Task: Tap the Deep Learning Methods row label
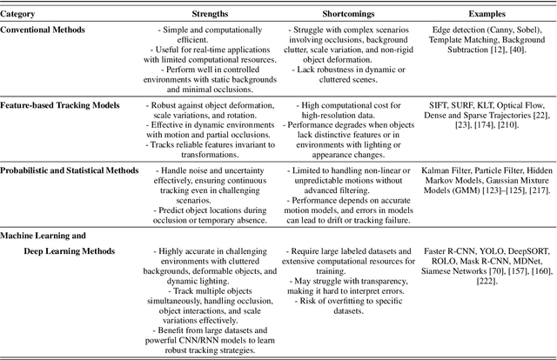point(83,251)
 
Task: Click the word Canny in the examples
point(491,30)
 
